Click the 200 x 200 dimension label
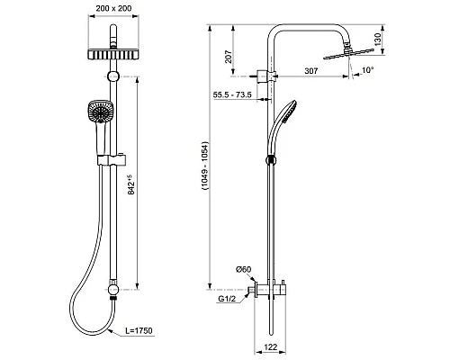tap(113, 8)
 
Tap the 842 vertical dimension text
tap(131, 184)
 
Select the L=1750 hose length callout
tap(139, 330)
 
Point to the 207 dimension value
tap(229, 57)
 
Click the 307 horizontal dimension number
tap(311, 71)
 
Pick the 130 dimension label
tap(378, 40)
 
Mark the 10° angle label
tap(367, 70)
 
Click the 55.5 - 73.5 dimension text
tap(232, 94)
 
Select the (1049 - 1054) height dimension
tap(205, 166)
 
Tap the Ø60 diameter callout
tap(243, 269)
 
